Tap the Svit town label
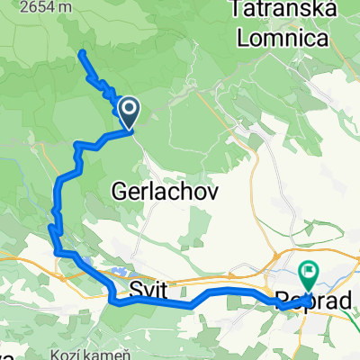click(x=148, y=290)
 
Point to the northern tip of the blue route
click(x=82, y=53)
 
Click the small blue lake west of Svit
click(x=116, y=271)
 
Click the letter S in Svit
click(x=135, y=290)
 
